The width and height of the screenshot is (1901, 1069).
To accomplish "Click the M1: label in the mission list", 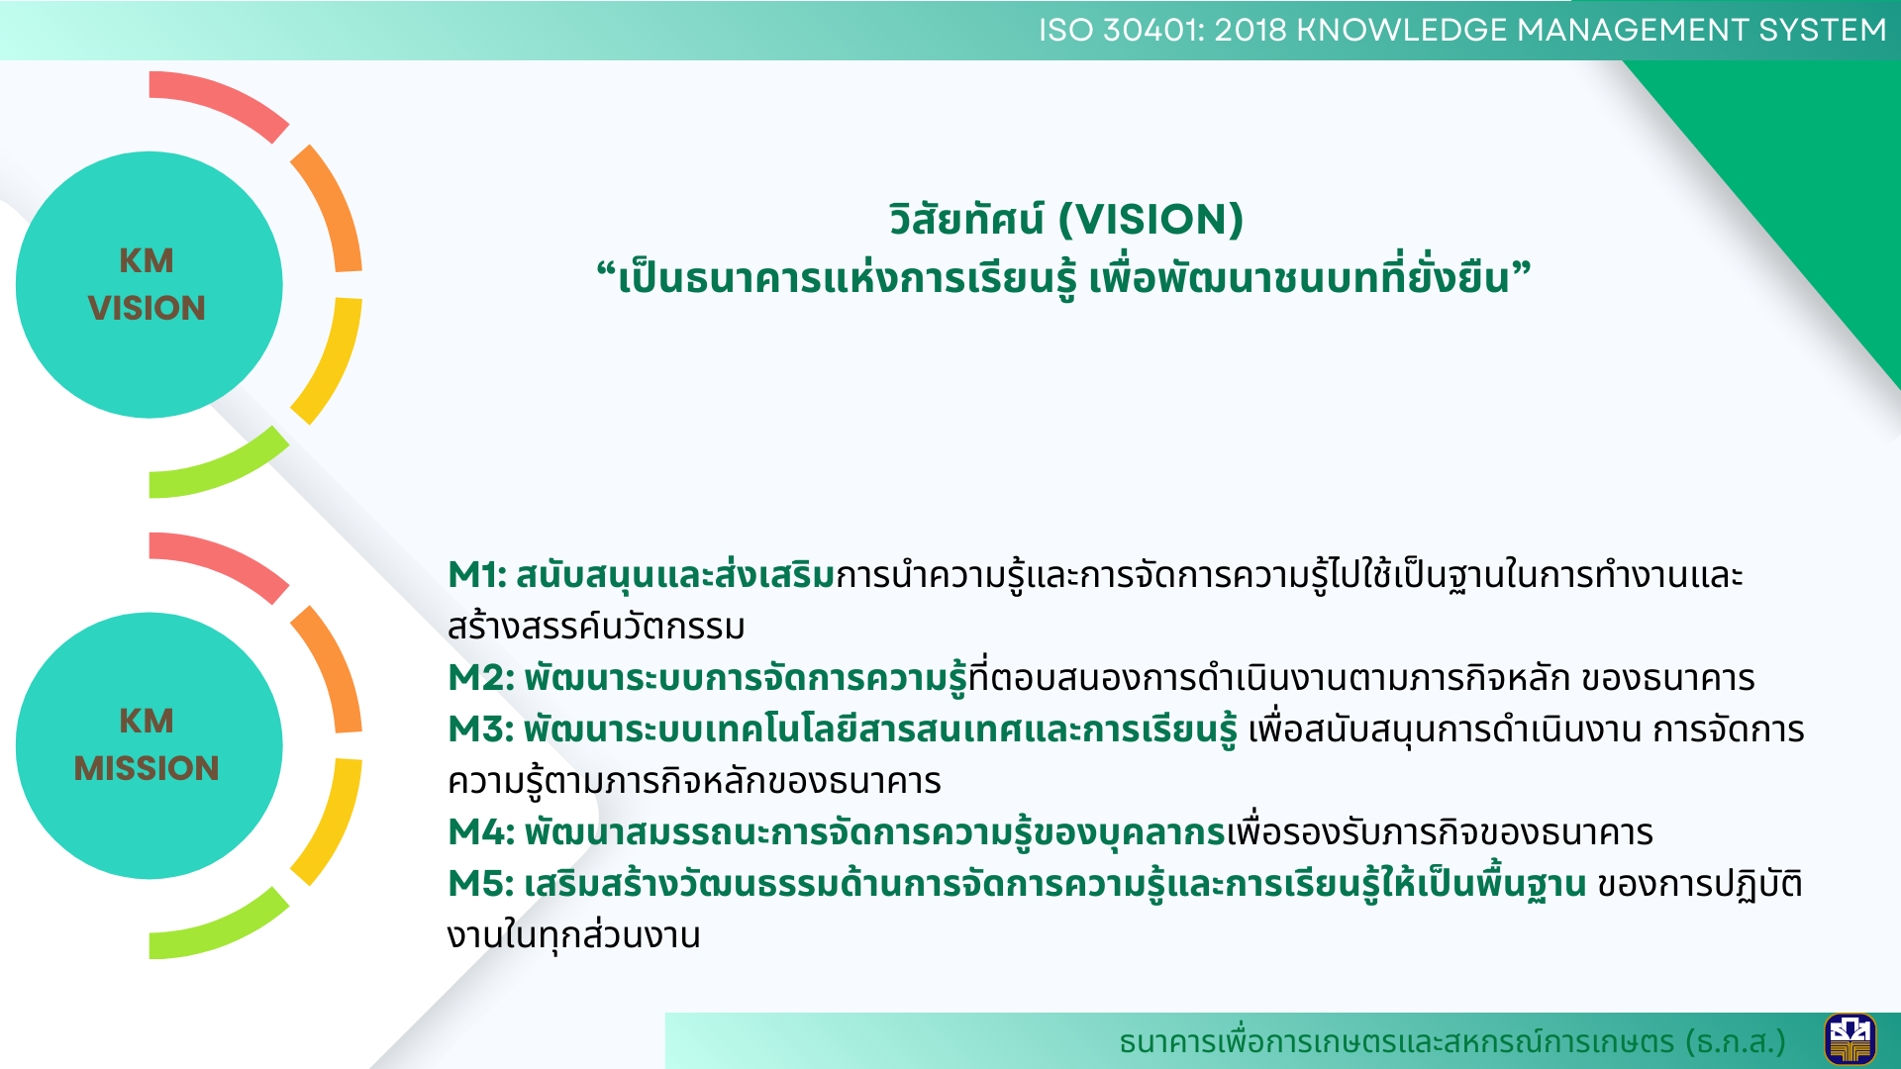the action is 477,575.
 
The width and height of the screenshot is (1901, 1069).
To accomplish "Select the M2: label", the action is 481,678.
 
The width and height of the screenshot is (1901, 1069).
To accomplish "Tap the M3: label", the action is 481,729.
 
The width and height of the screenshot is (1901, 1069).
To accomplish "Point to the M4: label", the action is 481,832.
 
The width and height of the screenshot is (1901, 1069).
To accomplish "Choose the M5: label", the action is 481,884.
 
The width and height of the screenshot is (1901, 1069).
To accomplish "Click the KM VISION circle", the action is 149,285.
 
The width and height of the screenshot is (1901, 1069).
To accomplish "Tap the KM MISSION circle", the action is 149,745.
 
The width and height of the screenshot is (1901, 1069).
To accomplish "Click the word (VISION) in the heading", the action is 1151,220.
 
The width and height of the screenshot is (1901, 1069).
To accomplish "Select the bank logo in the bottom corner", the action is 1850,1040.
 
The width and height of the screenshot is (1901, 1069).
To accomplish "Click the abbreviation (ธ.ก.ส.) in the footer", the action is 1740,1042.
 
